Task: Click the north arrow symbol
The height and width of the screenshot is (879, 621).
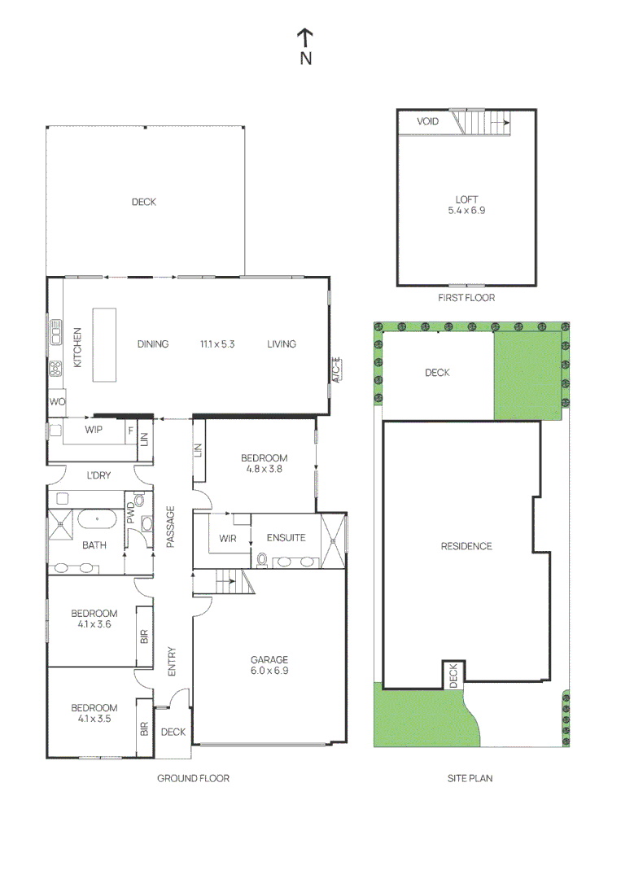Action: coord(305,37)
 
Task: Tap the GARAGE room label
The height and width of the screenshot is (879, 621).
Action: coord(269,659)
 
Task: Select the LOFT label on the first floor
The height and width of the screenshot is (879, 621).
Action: coord(466,199)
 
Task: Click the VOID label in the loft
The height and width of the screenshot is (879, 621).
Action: coord(427,121)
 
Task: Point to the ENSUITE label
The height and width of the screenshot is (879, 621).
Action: coord(286,537)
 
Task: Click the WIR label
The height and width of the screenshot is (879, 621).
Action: coord(228,537)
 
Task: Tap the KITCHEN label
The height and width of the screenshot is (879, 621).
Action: coord(78,348)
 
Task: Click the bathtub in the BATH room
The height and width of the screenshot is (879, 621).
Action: coord(97,518)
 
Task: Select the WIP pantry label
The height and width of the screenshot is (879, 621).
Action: coord(94,430)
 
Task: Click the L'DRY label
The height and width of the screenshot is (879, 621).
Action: coord(98,475)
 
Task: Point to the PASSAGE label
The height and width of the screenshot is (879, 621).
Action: coord(171,527)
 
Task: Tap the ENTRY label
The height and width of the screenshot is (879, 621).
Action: coord(172,661)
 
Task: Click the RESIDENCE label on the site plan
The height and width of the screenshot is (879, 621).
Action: coord(466,546)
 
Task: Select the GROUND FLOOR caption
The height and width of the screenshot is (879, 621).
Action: coord(193,778)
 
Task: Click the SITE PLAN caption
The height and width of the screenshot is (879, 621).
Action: coord(470,778)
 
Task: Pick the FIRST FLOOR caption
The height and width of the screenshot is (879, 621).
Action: coord(466,298)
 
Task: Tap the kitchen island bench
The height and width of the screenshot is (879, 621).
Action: coord(104,344)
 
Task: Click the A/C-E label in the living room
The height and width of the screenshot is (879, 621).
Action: coord(335,370)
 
